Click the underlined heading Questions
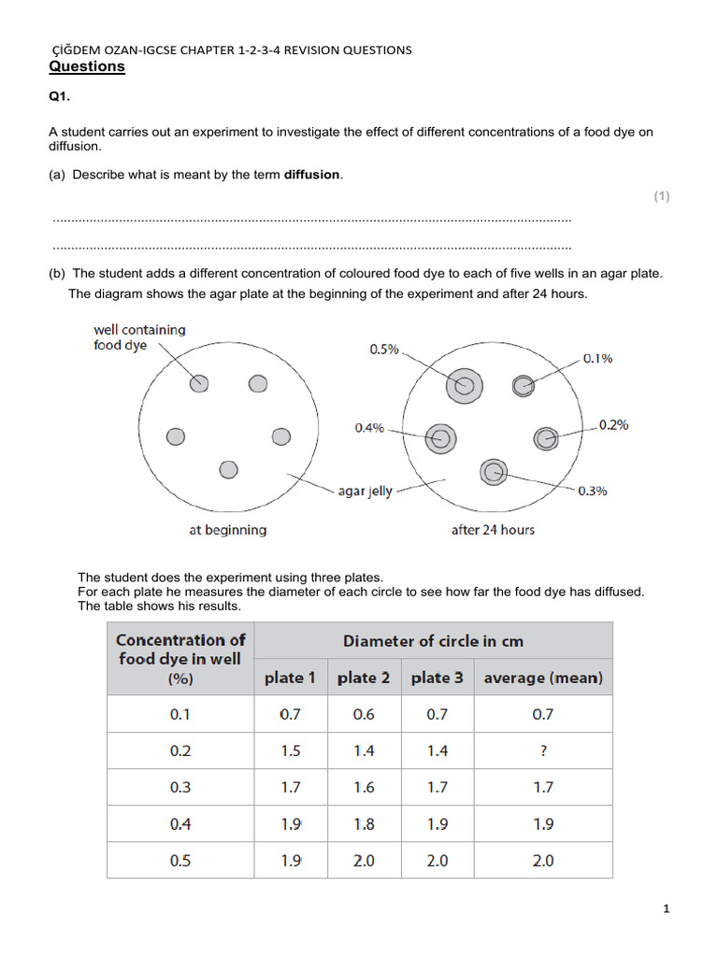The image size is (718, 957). (x=86, y=67)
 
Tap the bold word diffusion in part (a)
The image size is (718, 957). (x=312, y=175)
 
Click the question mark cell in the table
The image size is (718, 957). (x=543, y=750)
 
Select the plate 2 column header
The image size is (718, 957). (x=364, y=678)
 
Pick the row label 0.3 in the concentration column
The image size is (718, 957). (x=180, y=787)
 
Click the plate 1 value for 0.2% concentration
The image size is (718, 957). (x=291, y=750)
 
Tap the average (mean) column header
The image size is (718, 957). (x=543, y=678)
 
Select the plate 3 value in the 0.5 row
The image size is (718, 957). (x=438, y=860)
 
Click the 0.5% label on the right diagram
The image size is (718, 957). (x=384, y=350)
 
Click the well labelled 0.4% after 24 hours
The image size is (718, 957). (x=439, y=436)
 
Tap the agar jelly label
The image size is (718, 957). (x=365, y=492)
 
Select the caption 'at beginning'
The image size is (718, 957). (x=227, y=530)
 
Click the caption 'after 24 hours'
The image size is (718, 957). (x=493, y=530)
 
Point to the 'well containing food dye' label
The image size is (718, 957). (x=139, y=337)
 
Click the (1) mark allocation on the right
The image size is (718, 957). (x=662, y=196)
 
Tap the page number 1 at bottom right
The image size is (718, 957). (x=667, y=908)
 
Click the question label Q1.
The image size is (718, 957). (x=60, y=97)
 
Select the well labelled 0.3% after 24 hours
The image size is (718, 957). (x=493, y=473)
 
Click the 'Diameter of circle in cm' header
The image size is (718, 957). (x=433, y=641)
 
